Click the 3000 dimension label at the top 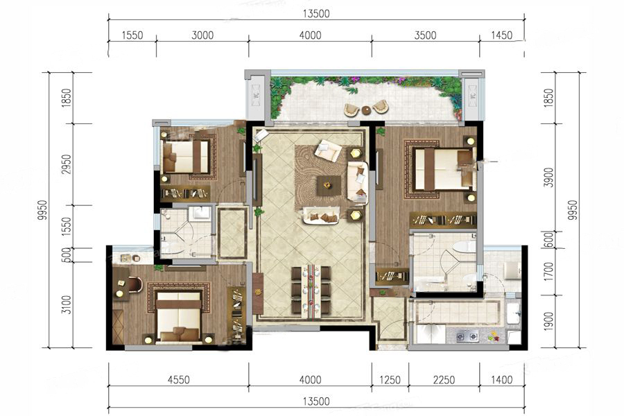202,35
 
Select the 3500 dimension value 426,35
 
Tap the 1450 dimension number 501,35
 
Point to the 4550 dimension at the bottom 179,379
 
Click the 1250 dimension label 390,379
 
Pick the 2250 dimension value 444,379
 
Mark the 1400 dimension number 501,379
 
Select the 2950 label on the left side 67,165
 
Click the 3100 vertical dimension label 67,304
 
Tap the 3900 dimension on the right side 549,177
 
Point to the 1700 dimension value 549,272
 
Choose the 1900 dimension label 549,321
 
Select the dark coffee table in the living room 329,185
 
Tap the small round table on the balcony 366,110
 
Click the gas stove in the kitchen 467,337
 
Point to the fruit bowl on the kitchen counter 494,336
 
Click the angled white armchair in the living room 328,150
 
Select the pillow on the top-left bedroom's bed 170,157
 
